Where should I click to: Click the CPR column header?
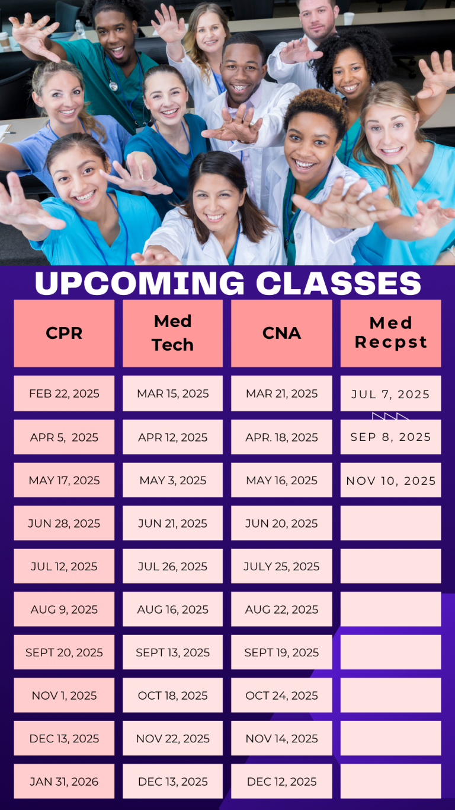click(64, 333)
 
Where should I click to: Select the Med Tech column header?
click(172, 333)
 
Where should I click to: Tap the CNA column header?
click(281, 333)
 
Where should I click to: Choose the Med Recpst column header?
click(391, 333)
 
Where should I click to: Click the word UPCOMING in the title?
click(140, 283)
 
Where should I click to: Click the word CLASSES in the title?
click(339, 283)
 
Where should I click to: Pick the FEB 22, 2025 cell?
click(64, 393)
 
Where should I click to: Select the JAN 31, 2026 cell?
click(64, 782)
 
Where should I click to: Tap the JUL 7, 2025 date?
click(391, 394)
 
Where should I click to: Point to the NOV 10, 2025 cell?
click(391, 480)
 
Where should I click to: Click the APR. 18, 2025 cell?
click(281, 437)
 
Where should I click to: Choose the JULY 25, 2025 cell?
click(281, 566)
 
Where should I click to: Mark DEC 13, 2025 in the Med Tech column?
click(172, 782)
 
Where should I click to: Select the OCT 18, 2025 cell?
click(172, 695)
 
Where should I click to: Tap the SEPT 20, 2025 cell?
click(64, 652)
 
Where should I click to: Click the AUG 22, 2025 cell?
click(281, 609)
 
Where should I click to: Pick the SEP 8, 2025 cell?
click(391, 437)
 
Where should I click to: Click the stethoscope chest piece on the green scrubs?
click(113, 86)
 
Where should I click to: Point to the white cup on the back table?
click(349, 18)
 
